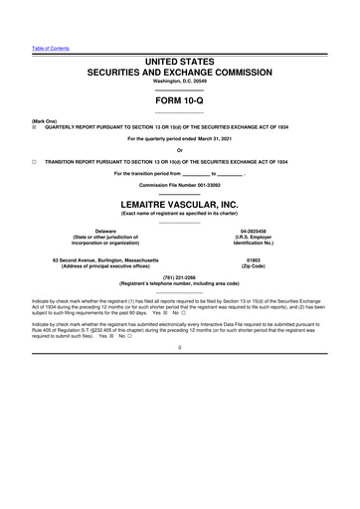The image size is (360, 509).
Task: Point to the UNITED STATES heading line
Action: (179, 62)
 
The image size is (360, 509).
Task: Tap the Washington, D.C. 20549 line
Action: (179, 83)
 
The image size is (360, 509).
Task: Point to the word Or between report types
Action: (179, 150)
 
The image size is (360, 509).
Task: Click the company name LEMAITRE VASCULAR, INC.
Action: (179, 204)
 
